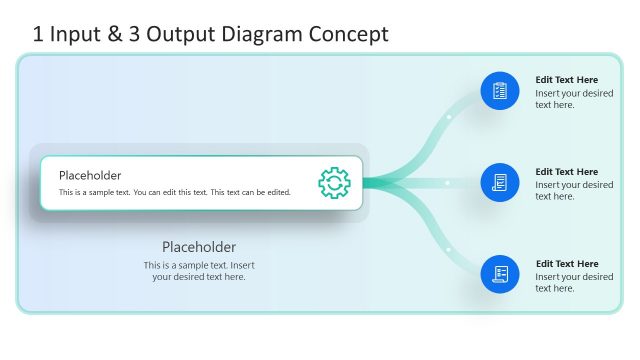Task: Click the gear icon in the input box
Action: (334, 182)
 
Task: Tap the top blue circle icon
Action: (500, 91)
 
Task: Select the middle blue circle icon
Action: (500, 183)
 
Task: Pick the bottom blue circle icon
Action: (500, 274)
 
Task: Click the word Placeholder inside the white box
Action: (90, 175)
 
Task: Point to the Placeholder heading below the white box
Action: (199, 247)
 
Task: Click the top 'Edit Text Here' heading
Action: (567, 80)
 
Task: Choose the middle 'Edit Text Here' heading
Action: (567, 172)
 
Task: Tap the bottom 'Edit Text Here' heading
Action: (567, 264)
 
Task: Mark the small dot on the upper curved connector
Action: (449, 117)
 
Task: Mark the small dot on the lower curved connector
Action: (449, 249)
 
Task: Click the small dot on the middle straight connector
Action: (447, 183)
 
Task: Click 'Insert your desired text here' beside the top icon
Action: (574, 99)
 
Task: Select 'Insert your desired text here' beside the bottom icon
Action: (574, 283)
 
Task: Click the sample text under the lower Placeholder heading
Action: (199, 271)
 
